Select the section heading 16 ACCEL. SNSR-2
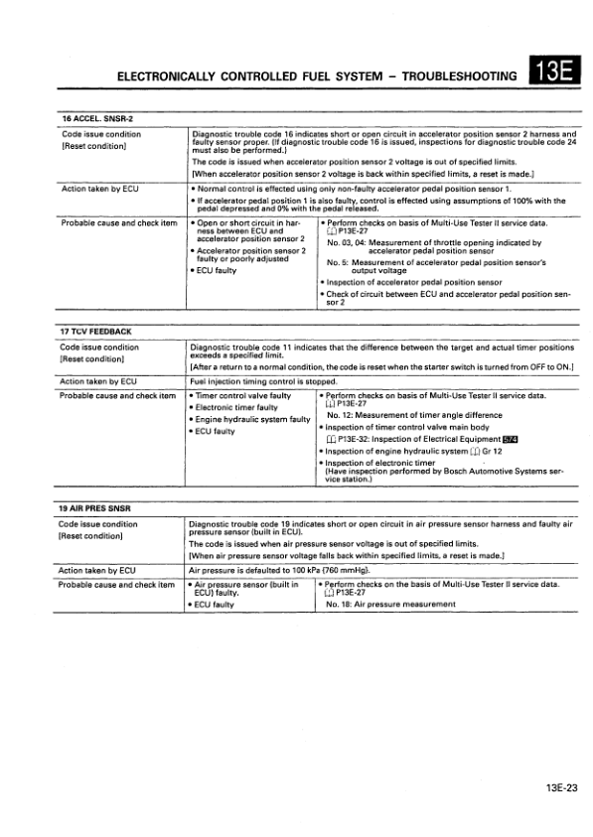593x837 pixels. tap(97, 120)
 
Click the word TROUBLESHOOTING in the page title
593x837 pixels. tap(461, 75)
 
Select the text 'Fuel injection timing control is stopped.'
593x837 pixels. tap(249, 381)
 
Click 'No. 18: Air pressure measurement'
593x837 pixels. tap(391, 604)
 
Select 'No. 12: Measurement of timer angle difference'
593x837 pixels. tap(417, 415)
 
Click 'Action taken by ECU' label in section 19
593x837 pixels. tap(97, 571)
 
